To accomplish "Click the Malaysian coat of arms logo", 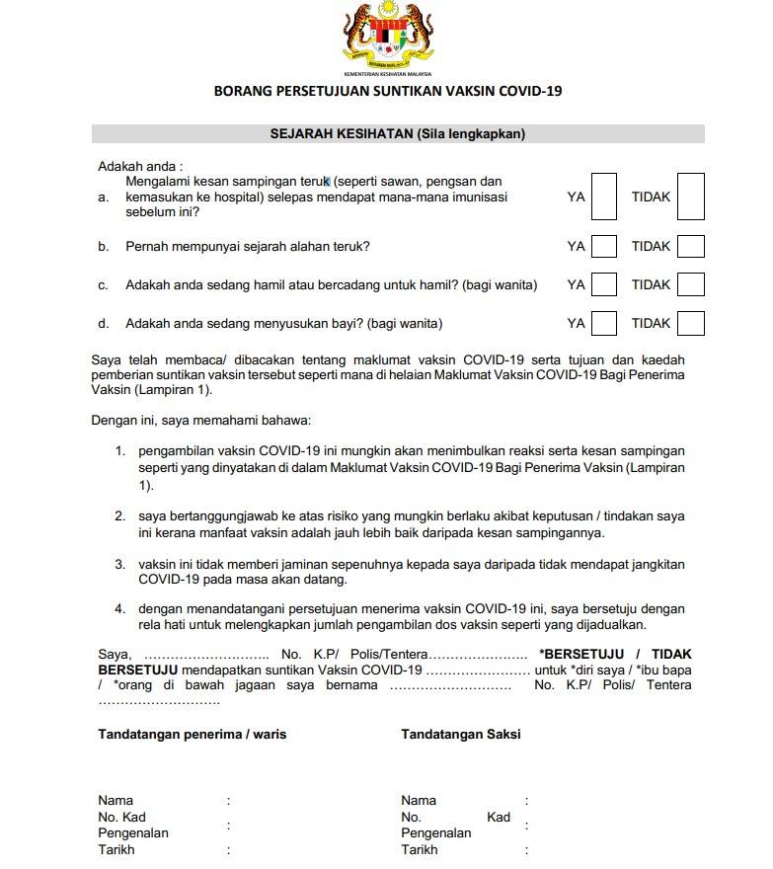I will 387,35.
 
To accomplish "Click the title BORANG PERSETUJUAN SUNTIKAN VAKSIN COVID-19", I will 387,92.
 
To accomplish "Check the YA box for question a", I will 604,197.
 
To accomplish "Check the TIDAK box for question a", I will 691,197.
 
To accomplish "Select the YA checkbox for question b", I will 604,246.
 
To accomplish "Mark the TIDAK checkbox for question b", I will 691,246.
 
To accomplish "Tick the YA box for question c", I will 604,284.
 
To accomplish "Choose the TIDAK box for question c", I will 691,284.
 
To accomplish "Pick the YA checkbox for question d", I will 604,323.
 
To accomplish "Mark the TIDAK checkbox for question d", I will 691,323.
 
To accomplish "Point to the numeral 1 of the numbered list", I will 119,451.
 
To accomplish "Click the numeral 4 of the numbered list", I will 119,609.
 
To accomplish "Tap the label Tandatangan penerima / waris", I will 193,735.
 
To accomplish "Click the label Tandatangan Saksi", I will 460,735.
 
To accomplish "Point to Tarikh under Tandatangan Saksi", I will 419,849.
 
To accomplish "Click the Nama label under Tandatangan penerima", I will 116,800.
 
